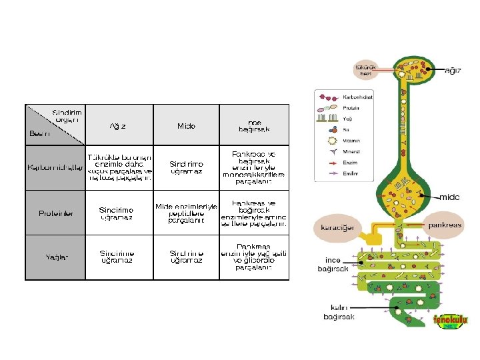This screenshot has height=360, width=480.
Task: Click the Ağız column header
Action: coord(119,126)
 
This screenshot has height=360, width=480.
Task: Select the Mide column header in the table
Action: coord(186,126)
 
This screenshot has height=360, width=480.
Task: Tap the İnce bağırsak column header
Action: coord(254,125)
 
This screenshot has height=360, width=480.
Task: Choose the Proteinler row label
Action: coord(56,213)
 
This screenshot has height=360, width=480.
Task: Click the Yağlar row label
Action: coord(56,257)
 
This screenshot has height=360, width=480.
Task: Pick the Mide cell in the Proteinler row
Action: coord(186,213)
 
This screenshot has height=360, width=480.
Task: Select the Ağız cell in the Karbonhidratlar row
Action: coord(120,167)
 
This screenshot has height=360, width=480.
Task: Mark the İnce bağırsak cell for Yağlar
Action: coord(254,257)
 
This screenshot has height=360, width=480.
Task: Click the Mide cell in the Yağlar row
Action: coord(186,257)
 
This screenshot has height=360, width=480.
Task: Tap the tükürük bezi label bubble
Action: coord(366,69)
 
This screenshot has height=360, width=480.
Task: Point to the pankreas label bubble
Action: coord(445,225)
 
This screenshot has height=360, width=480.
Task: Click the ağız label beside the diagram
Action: coord(453,70)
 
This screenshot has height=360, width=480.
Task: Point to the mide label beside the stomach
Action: coord(449,197)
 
